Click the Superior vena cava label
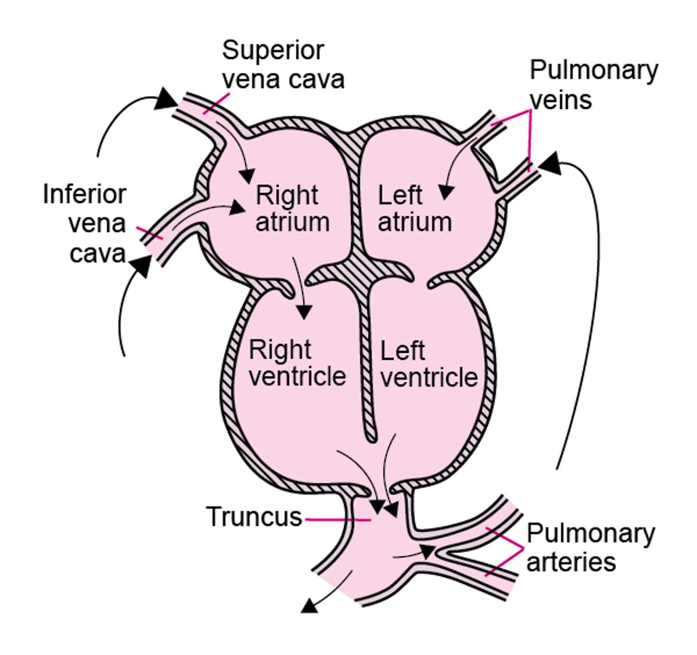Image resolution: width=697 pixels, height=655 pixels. pos(283,64)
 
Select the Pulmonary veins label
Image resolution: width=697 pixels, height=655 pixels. pos(592,85)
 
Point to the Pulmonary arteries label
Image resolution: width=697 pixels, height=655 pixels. pos(589,547)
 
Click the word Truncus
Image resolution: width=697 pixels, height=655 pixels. pos(254,517)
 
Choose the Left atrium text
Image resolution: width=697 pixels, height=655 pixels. pos(414,208)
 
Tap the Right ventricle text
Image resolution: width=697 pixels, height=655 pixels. pos(296,363)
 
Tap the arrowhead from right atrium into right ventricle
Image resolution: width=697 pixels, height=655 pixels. pos(303,312)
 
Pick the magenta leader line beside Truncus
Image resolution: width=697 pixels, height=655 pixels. pos(337,520)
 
